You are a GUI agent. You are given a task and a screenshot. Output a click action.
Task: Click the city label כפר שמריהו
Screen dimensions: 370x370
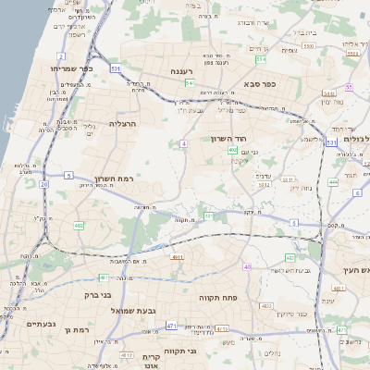coord(74,68)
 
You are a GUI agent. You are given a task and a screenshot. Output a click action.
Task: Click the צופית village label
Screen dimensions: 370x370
coord(290,51)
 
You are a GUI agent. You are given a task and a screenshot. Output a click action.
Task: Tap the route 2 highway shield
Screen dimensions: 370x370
coord(61,55)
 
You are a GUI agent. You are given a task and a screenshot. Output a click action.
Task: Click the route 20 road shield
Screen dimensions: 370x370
coord(43,184)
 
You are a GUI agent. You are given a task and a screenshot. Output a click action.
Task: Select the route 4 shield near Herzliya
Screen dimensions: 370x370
coord(184,143)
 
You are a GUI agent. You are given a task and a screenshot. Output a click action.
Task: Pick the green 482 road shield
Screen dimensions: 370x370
coord(80,225)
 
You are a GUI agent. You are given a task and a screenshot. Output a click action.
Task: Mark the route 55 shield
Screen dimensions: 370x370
coord(349,87)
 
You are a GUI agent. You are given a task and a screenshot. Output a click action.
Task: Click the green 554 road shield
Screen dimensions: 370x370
coord(261,59)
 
